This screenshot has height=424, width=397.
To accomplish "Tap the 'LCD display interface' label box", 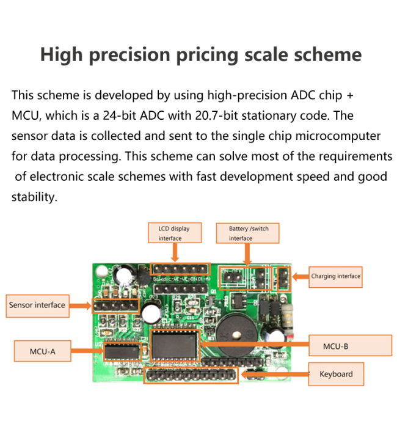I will point(174,233).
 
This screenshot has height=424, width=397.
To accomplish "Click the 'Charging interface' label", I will point(335,276).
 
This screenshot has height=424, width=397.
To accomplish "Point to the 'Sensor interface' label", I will point(37,305).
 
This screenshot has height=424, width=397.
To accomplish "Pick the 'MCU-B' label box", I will point(350,346).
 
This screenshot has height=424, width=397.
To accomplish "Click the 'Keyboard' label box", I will point(335,374).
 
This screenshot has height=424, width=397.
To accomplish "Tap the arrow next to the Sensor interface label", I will point(81,305).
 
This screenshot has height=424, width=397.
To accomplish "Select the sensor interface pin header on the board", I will point(115,305).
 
